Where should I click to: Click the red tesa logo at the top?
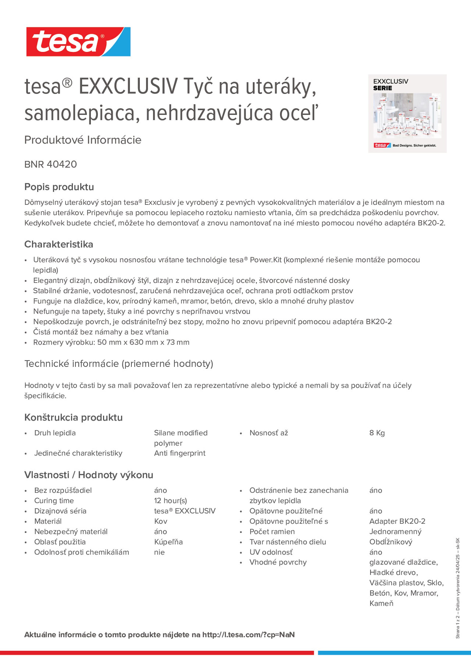[x=78, y=42]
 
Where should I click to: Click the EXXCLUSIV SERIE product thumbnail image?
[x=407, y=114]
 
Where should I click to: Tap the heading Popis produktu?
[x=59, y=187]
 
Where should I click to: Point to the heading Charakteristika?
[x=59, y=244]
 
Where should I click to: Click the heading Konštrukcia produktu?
[x=73, y=418]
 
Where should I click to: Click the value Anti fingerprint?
[x=179, y=453]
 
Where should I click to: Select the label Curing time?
[x=54, y=500]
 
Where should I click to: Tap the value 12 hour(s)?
[x=170, y=500]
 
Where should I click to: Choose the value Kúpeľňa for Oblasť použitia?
[x=168, y=542]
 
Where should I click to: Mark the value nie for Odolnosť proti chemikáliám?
[x=159, y=552]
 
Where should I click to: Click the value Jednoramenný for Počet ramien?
[x=395, y=532]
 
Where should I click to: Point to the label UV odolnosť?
[x=271, y=552]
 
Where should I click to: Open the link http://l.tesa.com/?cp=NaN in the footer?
[x=248, y=635]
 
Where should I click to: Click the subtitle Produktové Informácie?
[x=83, y=140]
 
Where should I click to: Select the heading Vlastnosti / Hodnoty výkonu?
[x=89, y=475]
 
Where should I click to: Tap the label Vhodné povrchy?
[x=278, y=562]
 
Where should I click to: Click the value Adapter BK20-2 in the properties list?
[x=397, y=521]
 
